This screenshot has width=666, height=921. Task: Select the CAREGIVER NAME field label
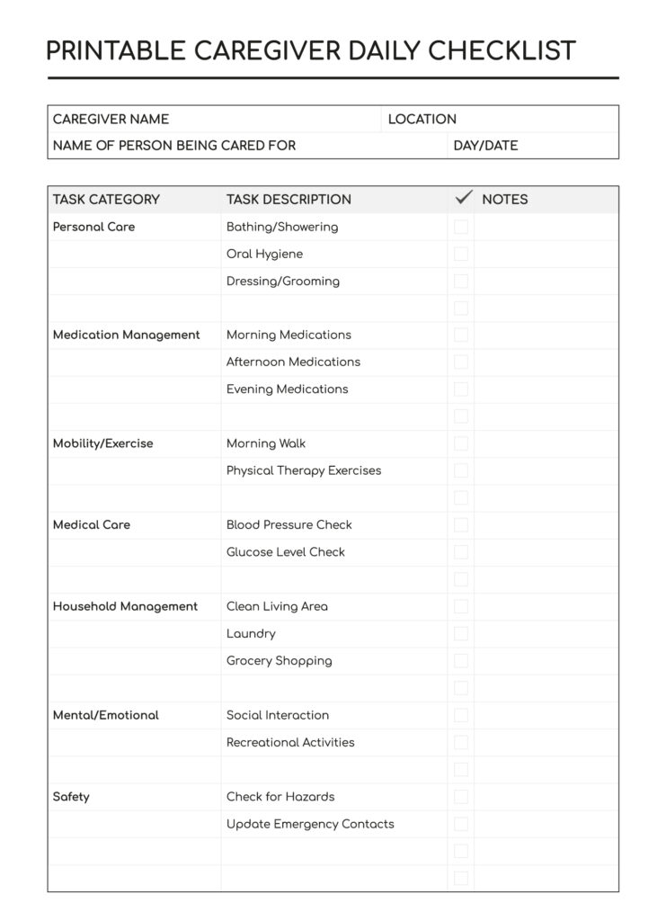(111, 119)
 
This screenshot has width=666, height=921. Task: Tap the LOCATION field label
(422, 119)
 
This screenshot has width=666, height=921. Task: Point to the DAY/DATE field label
(485, 146)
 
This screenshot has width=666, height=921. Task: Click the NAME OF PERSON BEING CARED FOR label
(173, 146)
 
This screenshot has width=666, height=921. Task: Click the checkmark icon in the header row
(464, 198)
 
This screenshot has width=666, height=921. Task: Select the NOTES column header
(505, 200)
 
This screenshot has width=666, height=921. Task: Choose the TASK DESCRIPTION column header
(289, 200)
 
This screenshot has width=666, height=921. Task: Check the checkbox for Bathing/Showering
(461, 227)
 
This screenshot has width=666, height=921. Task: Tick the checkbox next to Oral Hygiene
(461, 254)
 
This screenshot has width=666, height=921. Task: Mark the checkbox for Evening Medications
(461, 389)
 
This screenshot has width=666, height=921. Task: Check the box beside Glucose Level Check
(461, 552)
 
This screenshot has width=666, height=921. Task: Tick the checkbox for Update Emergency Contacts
(461, 824)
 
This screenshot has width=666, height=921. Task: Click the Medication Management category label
(127, 335)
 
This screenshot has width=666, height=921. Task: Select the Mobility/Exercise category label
(103, 443)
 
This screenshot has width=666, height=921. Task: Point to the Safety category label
(71, 797)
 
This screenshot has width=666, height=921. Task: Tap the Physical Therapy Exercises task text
(304, 470)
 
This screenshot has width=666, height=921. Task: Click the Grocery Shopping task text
(279, 661)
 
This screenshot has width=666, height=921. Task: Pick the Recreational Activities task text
(290, 742)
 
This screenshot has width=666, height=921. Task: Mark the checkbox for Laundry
(461, 633)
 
